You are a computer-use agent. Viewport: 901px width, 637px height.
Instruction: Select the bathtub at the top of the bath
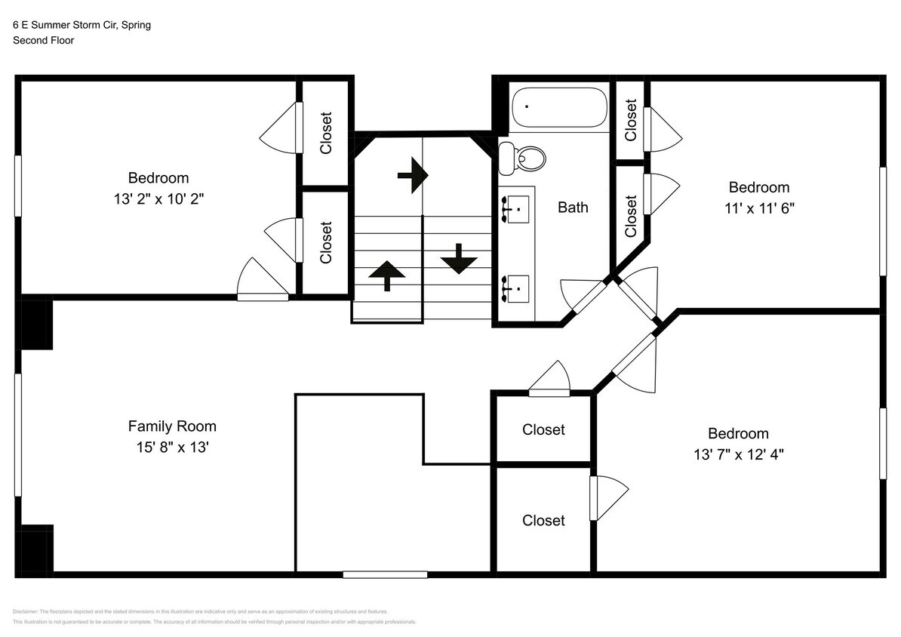coord(559,108)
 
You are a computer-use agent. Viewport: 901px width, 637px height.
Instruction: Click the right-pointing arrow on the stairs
coord(413,176)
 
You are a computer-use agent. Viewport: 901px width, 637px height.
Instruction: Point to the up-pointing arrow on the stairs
coord(386,275)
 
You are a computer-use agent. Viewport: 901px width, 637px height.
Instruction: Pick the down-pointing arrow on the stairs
coord(459,260)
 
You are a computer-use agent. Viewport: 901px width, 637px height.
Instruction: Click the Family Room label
coord(172,426)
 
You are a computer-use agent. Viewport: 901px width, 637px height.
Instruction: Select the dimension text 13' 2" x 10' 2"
coord(158,199)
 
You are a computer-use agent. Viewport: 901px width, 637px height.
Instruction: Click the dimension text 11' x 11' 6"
coord(758,208)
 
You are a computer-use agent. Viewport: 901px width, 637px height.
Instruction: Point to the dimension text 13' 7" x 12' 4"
coord(738,454)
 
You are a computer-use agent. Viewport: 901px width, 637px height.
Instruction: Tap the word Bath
coord(573,207)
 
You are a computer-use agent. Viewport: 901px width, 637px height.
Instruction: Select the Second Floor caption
coord(43,40)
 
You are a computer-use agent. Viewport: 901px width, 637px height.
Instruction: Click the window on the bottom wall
coord(385,574)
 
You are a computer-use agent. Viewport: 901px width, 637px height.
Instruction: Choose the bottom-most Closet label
coord(543,520)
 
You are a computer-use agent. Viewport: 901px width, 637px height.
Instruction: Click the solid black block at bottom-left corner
coord(35,549)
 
